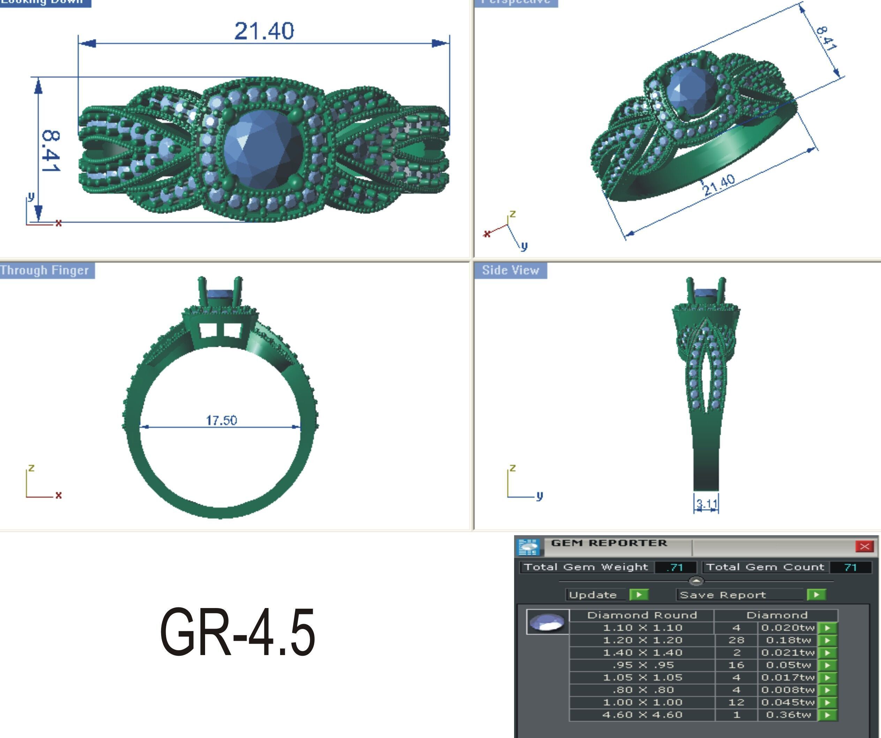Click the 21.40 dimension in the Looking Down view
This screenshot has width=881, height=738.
coord(264,31)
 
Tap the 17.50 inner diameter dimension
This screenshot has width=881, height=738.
coord(221,420)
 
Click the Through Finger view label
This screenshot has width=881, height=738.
coord(45,270)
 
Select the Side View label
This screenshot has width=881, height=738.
coord(510,270)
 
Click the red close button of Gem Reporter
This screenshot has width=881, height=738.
coord(864,546)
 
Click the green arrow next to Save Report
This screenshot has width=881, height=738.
coord(816,595)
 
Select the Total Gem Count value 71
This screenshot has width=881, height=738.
coord(850,567)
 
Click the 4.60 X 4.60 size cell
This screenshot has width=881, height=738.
coord(642,715)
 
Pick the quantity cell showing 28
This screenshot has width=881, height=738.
coord(736,640)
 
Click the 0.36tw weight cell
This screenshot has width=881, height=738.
coord(788,715)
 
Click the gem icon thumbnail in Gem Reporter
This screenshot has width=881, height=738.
coord(547,622)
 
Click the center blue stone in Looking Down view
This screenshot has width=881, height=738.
coord(263,149)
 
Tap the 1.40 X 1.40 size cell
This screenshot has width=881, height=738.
coord(642,653)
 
